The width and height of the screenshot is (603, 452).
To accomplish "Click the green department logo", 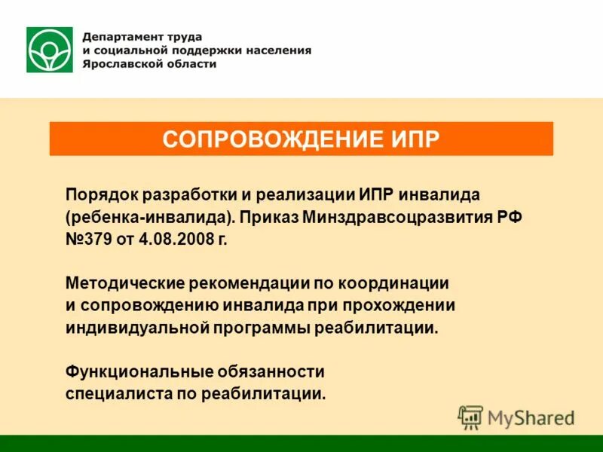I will (x=50, y=50).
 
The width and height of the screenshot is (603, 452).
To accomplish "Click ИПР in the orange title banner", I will (x=413, y=139).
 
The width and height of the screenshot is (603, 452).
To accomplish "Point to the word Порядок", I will (x=97, y=195).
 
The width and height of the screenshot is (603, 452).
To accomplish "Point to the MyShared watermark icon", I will (x=470, y=417).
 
